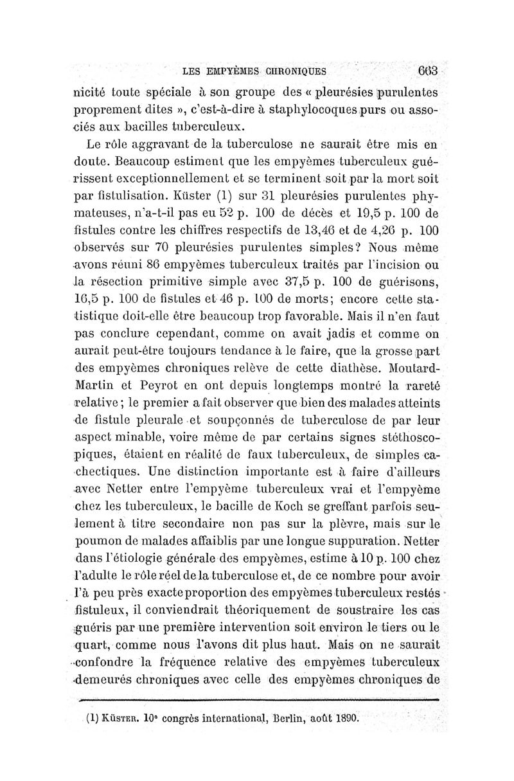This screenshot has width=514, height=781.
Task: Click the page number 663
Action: (426, 70)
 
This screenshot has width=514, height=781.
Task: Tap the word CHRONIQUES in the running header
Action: (292, 71)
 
